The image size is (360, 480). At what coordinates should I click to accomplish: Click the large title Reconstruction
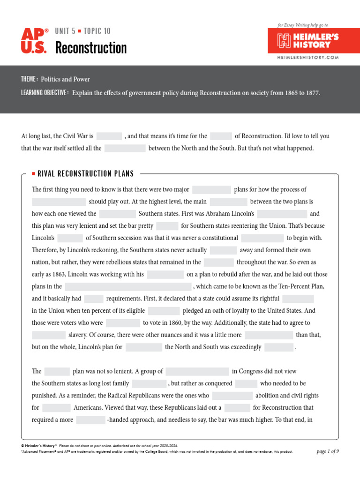[x=91, y=48]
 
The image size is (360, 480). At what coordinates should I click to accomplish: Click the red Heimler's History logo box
[x=307, y=41]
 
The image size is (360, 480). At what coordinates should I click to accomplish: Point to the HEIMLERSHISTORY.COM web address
[x=307, y=58]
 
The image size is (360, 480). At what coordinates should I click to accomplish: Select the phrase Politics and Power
[x=65, y=79]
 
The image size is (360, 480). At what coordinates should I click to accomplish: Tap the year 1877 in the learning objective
[x=311, y=93]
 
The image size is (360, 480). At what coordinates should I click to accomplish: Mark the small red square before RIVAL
[x=33, y=174]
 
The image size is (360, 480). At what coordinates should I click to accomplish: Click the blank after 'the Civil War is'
[x=109, y=136]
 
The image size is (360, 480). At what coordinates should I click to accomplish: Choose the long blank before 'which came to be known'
[x=128, y=286]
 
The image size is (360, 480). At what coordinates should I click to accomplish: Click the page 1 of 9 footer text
[x=328, y=451]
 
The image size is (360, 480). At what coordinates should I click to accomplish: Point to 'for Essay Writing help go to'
[x=303, y=25]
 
